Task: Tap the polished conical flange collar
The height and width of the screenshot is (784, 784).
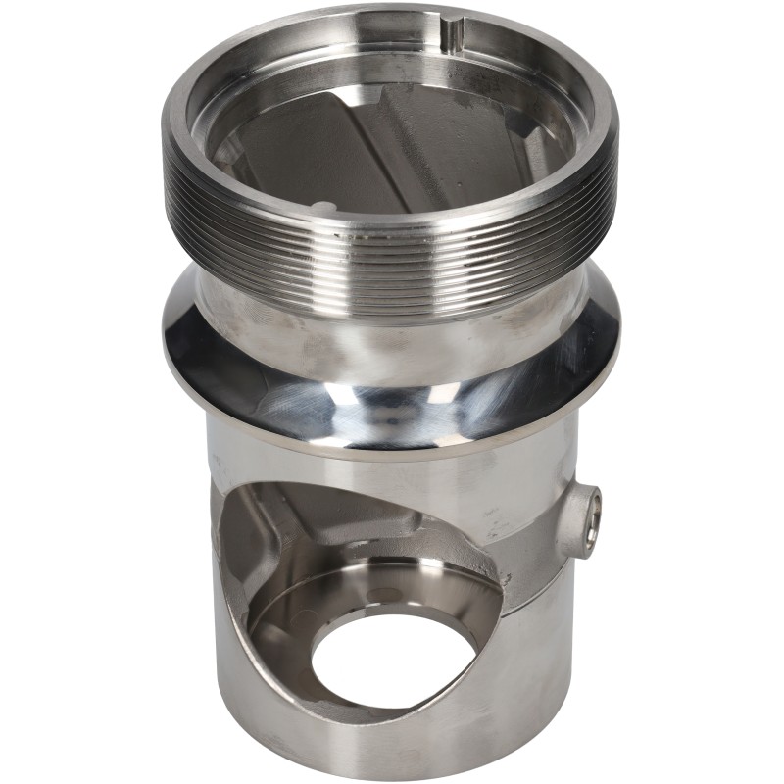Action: pos(392,392)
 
